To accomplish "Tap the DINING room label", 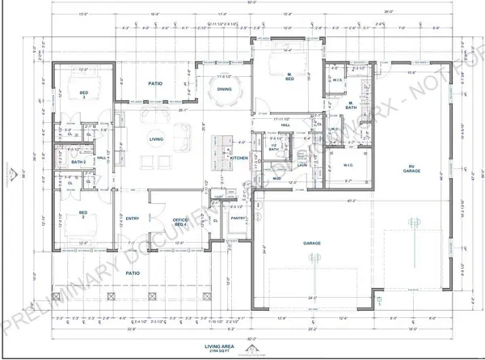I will point(224,90).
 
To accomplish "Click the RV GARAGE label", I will point(415,170).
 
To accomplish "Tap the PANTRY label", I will point(237,218).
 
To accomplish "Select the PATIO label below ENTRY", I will point(133,273).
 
